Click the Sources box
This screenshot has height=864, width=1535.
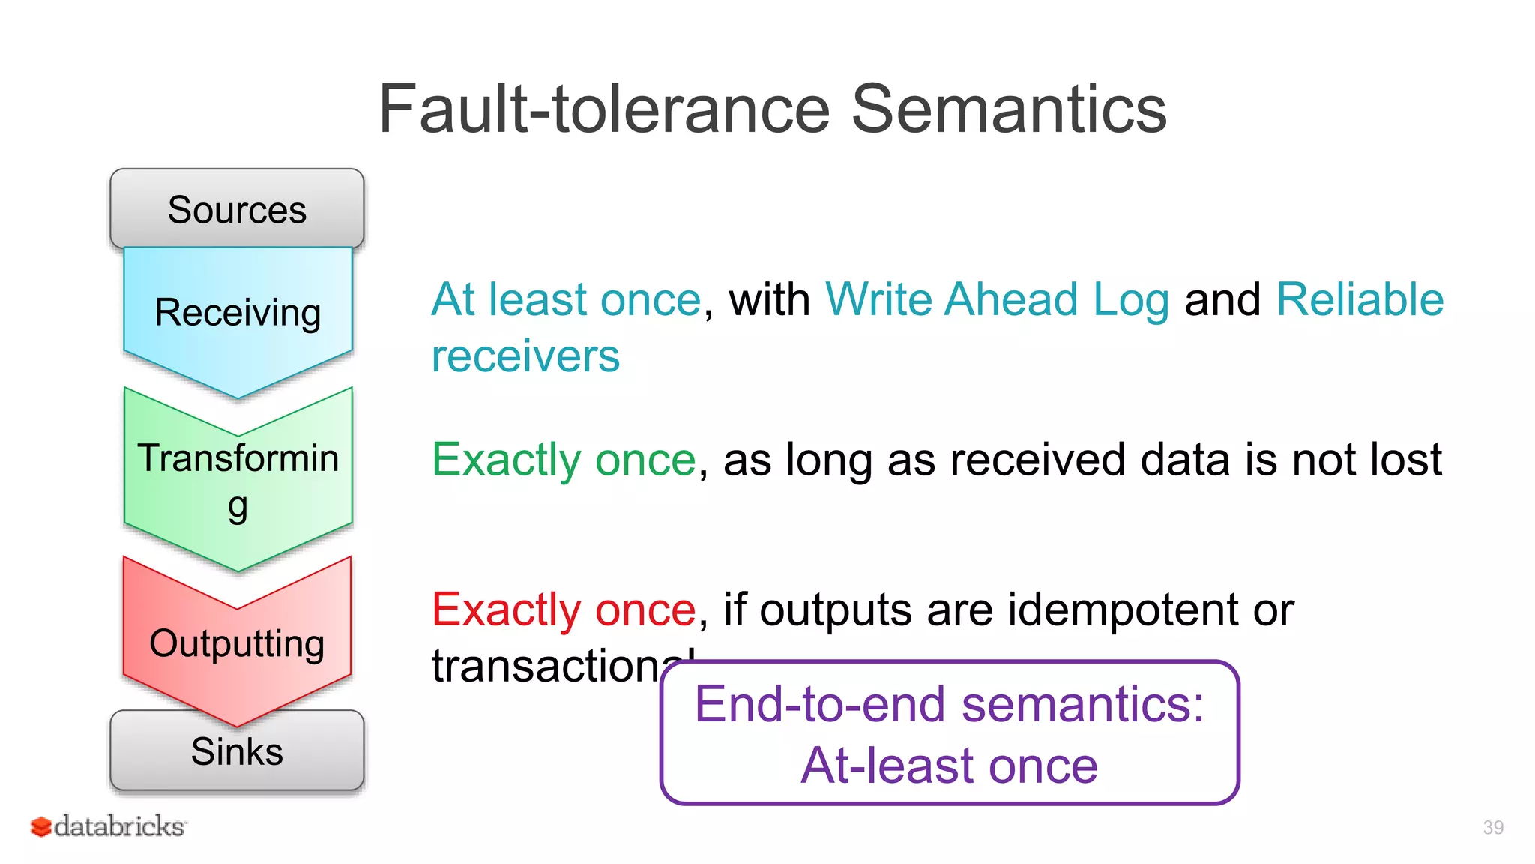(x=237, y=208)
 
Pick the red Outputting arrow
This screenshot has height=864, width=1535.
(x=237, y=643)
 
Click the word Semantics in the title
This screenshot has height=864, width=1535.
(x=1008, y=109)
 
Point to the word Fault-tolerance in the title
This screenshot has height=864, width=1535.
(x=604, y=109)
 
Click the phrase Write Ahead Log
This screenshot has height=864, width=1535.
(x=997, y=299)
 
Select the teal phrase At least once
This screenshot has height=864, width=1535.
(x=567, y=299)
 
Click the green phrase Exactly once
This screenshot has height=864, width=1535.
(x=564, y=459)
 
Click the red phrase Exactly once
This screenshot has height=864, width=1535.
(x=564, y=609)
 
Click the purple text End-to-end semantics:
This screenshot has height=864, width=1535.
(x=949, y=704)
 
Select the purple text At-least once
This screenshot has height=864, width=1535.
(x=949, y=766)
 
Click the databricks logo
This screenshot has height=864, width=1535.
(x=109, y=826)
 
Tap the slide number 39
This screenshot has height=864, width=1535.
(x=1492, y=827)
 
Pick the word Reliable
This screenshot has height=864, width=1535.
(x=1359, y=299)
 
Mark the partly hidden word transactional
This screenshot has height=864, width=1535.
(x=547, y=666)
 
